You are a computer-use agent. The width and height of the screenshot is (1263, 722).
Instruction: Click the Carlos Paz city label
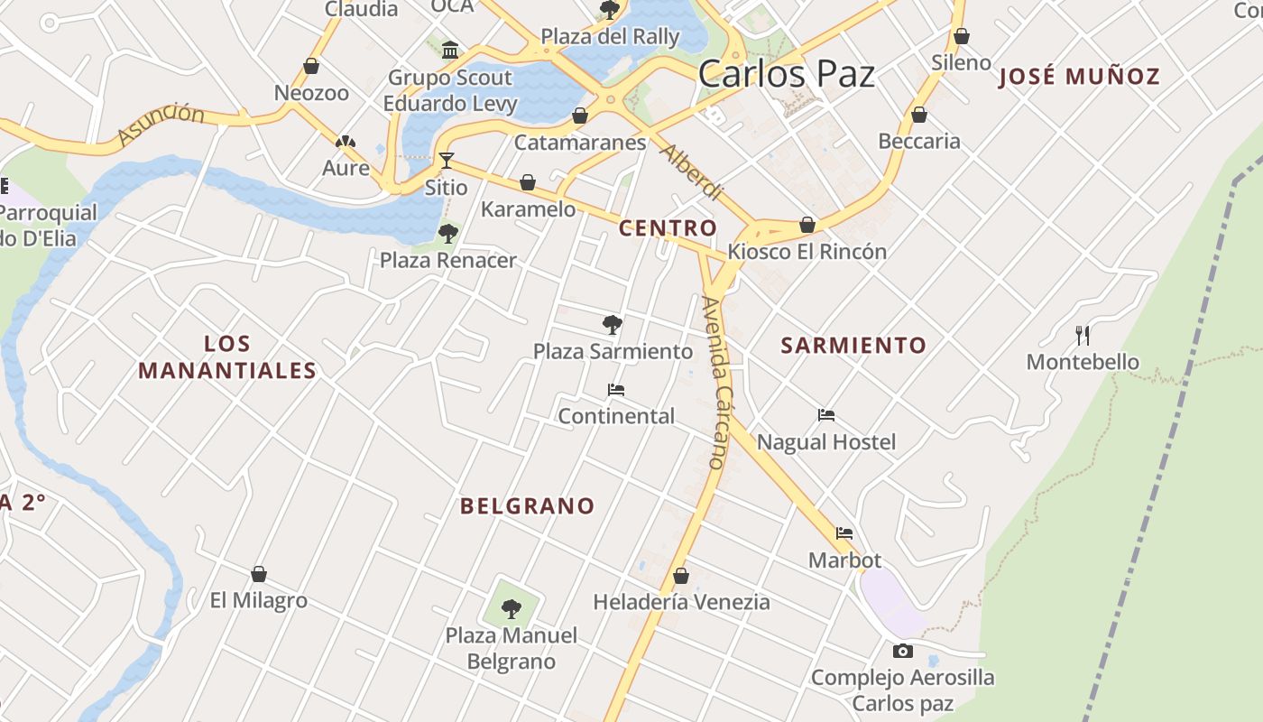(x=787, y=74)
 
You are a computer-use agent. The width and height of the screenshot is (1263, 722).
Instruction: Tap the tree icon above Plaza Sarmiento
(x=613, y=324)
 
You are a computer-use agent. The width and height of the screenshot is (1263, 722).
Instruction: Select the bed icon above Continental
(x=616, y=390)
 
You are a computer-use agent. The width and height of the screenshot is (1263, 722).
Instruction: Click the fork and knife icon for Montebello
(x=1083, y=336)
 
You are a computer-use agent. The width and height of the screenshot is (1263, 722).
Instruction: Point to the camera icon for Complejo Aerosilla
(x=902, y=651)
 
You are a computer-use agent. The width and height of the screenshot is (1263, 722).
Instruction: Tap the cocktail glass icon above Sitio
(x=446, y=161)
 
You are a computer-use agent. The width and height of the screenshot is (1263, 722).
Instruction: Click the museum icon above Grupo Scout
(x=450, y=50)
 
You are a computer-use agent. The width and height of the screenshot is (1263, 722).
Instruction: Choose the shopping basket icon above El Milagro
(x=259, y=574)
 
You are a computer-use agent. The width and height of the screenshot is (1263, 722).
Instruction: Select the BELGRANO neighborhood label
(x=528, y=506)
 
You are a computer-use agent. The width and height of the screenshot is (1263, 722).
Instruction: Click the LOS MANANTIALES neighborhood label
(x=227, y=357)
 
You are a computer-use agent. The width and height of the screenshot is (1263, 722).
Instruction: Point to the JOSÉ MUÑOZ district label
(x=1079, y=77)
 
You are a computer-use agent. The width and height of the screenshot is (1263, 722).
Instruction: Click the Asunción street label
(x=161, y=124)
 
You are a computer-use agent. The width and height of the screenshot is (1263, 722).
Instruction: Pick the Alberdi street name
(x=691, y=171)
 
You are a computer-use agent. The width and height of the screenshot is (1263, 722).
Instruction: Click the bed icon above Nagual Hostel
(x=826, y=415)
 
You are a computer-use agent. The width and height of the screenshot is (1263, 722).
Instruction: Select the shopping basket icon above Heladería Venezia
(x=681, y=576)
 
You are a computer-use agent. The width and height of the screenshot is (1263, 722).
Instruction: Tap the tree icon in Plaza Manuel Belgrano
(x=512, y=608)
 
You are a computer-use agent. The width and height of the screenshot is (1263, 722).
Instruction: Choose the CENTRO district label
(x=668, y=228)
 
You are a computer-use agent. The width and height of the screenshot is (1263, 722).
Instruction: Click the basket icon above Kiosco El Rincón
(x=807, y=225)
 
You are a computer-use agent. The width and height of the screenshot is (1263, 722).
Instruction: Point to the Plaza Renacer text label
(x=448, y=261)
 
